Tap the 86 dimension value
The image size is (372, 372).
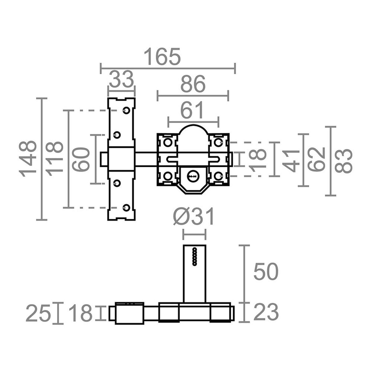[193, 84]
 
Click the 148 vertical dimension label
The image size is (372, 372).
[28, 159]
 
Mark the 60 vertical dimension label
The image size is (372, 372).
[81, 159]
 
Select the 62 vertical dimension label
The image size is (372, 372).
[316, 159]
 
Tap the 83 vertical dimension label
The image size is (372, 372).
[344, 161]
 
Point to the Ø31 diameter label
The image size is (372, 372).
[194, 217]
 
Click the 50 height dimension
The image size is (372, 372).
[266, 271]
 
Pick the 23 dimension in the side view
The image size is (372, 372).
[266, 312]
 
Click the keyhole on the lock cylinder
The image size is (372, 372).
[192, 176]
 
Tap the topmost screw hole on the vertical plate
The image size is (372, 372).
[126, 110]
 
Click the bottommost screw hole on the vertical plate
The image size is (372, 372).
[126, 207]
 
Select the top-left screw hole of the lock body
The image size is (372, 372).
[168, 142]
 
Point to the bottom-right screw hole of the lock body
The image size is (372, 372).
[218, 176]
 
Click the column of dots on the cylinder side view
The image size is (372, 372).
[195, 256]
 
